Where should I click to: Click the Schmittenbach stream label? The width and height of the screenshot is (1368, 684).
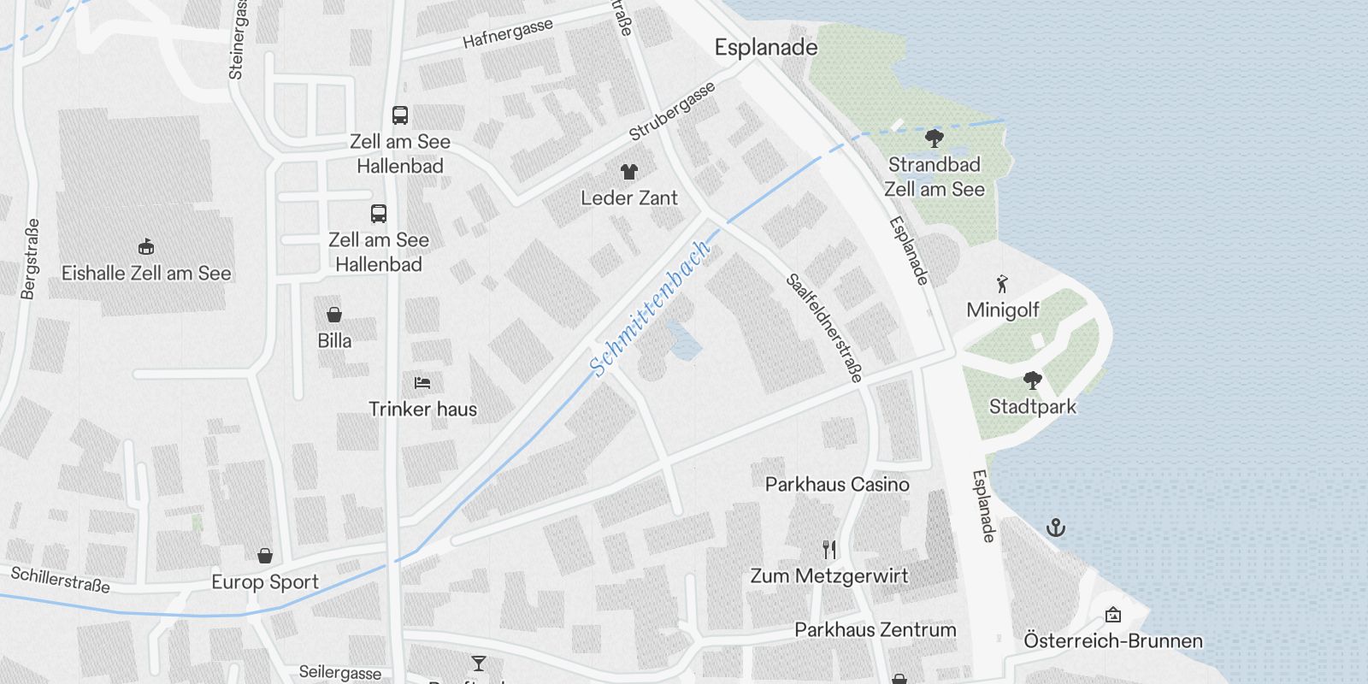[651, 309]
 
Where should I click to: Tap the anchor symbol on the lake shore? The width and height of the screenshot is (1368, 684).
[1056, 528]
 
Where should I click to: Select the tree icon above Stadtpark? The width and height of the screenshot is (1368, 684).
[1033, 380]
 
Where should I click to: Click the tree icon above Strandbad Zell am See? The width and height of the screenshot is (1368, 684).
[935, 138]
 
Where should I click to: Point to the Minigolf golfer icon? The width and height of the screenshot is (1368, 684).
[1002, 284]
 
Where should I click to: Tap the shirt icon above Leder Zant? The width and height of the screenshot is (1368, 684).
[629, 172]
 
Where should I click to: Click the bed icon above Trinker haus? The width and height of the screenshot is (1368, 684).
[422, 382]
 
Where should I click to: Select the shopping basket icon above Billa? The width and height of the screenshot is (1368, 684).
[334, 315]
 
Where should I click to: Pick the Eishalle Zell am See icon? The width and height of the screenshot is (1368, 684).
[146, 247]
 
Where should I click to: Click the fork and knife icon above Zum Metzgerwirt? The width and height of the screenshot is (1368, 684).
[828, 549]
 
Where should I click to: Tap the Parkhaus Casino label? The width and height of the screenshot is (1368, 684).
[837, 485]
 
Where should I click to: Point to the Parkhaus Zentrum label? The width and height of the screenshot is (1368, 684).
[875, 630]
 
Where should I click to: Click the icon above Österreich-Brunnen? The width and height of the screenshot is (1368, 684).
[1112, 615]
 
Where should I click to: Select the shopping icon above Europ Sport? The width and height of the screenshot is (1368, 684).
[265, 556]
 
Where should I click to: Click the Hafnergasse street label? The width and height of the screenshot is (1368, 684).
[508, 34]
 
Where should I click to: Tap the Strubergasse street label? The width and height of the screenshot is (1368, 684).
[672, 112]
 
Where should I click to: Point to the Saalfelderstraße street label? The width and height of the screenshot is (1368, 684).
[825, 328]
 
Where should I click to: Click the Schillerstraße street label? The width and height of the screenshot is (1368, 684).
[61, 579]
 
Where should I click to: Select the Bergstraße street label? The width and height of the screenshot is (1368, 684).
[30, 259]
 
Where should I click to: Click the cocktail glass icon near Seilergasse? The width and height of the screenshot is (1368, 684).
[478, 663]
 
